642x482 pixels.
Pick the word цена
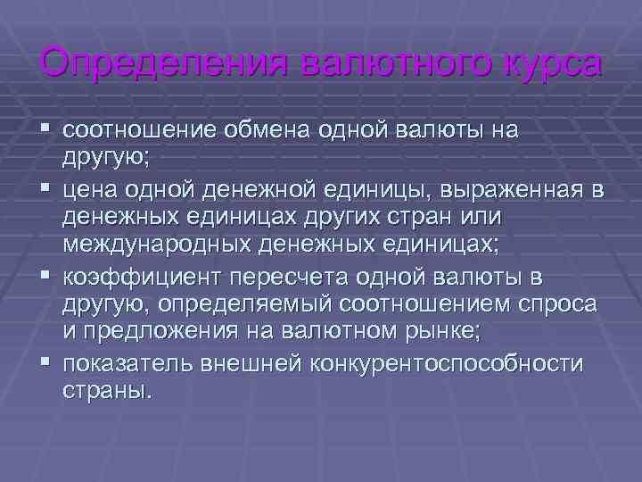click(x=91, y=191)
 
